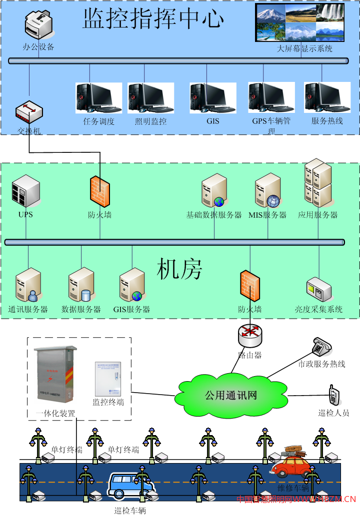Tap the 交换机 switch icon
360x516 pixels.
click(x=29, y=112)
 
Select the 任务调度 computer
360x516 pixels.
click(x=98, y=98)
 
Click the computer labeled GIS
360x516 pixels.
click(x=212, y=98)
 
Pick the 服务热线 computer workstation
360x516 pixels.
click(x=327, y=98)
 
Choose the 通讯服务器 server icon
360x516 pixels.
click(x=28, y=285)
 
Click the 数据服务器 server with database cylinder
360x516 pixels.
click(x=81, y=285)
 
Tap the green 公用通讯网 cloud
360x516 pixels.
click(x=230, y=395)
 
